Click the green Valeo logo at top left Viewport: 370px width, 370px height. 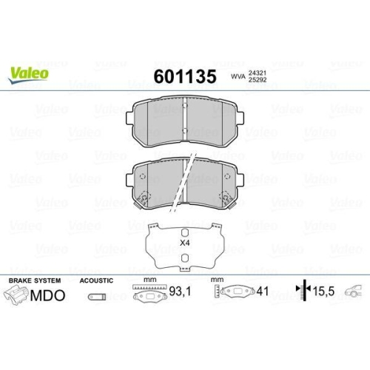(30, 72)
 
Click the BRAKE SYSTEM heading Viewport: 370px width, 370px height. (33, 281)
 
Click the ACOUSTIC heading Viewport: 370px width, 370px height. (96, 281)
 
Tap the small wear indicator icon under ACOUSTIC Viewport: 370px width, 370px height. (95, 297)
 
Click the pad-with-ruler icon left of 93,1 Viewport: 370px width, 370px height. (149, 295)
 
